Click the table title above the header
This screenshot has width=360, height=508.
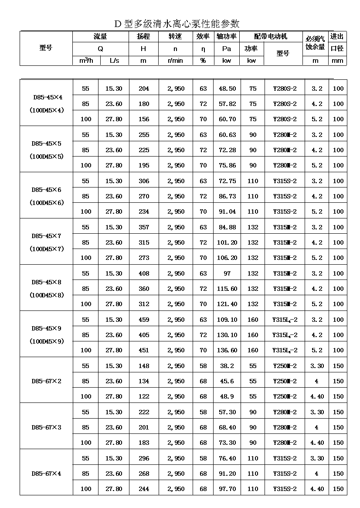click(x=177, y=24)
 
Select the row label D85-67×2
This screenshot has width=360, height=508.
click(x=47, y=381)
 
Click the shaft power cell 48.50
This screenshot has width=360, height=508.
click(x=227, y=89)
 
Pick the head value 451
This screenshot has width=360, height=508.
click(x=143, y=350)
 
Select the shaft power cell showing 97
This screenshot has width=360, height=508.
click(x=227, y=273)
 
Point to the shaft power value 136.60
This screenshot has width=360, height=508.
click(x=227, y=350)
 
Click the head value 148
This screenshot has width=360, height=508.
click(x=143, y=366)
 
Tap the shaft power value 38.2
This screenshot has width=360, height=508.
click(x=227, y=366)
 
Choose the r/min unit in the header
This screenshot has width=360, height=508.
click(x=175, y=61)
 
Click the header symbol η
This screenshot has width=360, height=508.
click(x=203, y=49)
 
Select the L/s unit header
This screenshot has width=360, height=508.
click(x=114, y=61)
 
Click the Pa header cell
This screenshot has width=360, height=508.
click(x=227, y=49)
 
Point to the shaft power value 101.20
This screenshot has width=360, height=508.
click(x=227, y=242)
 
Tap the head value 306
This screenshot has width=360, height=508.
click(x=143, y=181)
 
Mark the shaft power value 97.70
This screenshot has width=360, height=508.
click(x=227, y=489)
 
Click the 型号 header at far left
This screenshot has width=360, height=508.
click(x=46, y=48)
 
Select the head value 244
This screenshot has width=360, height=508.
click(x=143, y=489)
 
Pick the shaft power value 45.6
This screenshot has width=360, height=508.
click(x=227, y=381)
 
